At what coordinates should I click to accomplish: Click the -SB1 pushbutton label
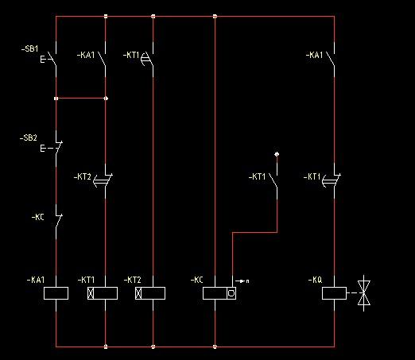(29, 49)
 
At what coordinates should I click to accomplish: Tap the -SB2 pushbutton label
(29, 138)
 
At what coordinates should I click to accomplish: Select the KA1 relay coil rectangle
(56, 293)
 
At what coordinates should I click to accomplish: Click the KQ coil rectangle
(334, 293)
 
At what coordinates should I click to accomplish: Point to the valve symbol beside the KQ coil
(364, 293)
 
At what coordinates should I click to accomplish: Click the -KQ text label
(315, 280)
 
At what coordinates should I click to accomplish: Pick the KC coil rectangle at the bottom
(219, 293)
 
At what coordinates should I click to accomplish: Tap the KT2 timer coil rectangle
(150, 293)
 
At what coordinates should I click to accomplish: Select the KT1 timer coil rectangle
(103, 293)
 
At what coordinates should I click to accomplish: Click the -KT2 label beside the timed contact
(83, 176)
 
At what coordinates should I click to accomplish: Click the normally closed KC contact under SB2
(58, 220)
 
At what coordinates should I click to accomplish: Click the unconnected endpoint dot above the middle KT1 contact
(277, 154)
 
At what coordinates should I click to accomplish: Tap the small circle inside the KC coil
(231, 293)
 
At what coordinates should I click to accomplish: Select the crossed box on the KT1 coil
(91, 293)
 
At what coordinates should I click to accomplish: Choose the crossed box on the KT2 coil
(138, 293)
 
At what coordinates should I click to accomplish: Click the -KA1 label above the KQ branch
(314, 55)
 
